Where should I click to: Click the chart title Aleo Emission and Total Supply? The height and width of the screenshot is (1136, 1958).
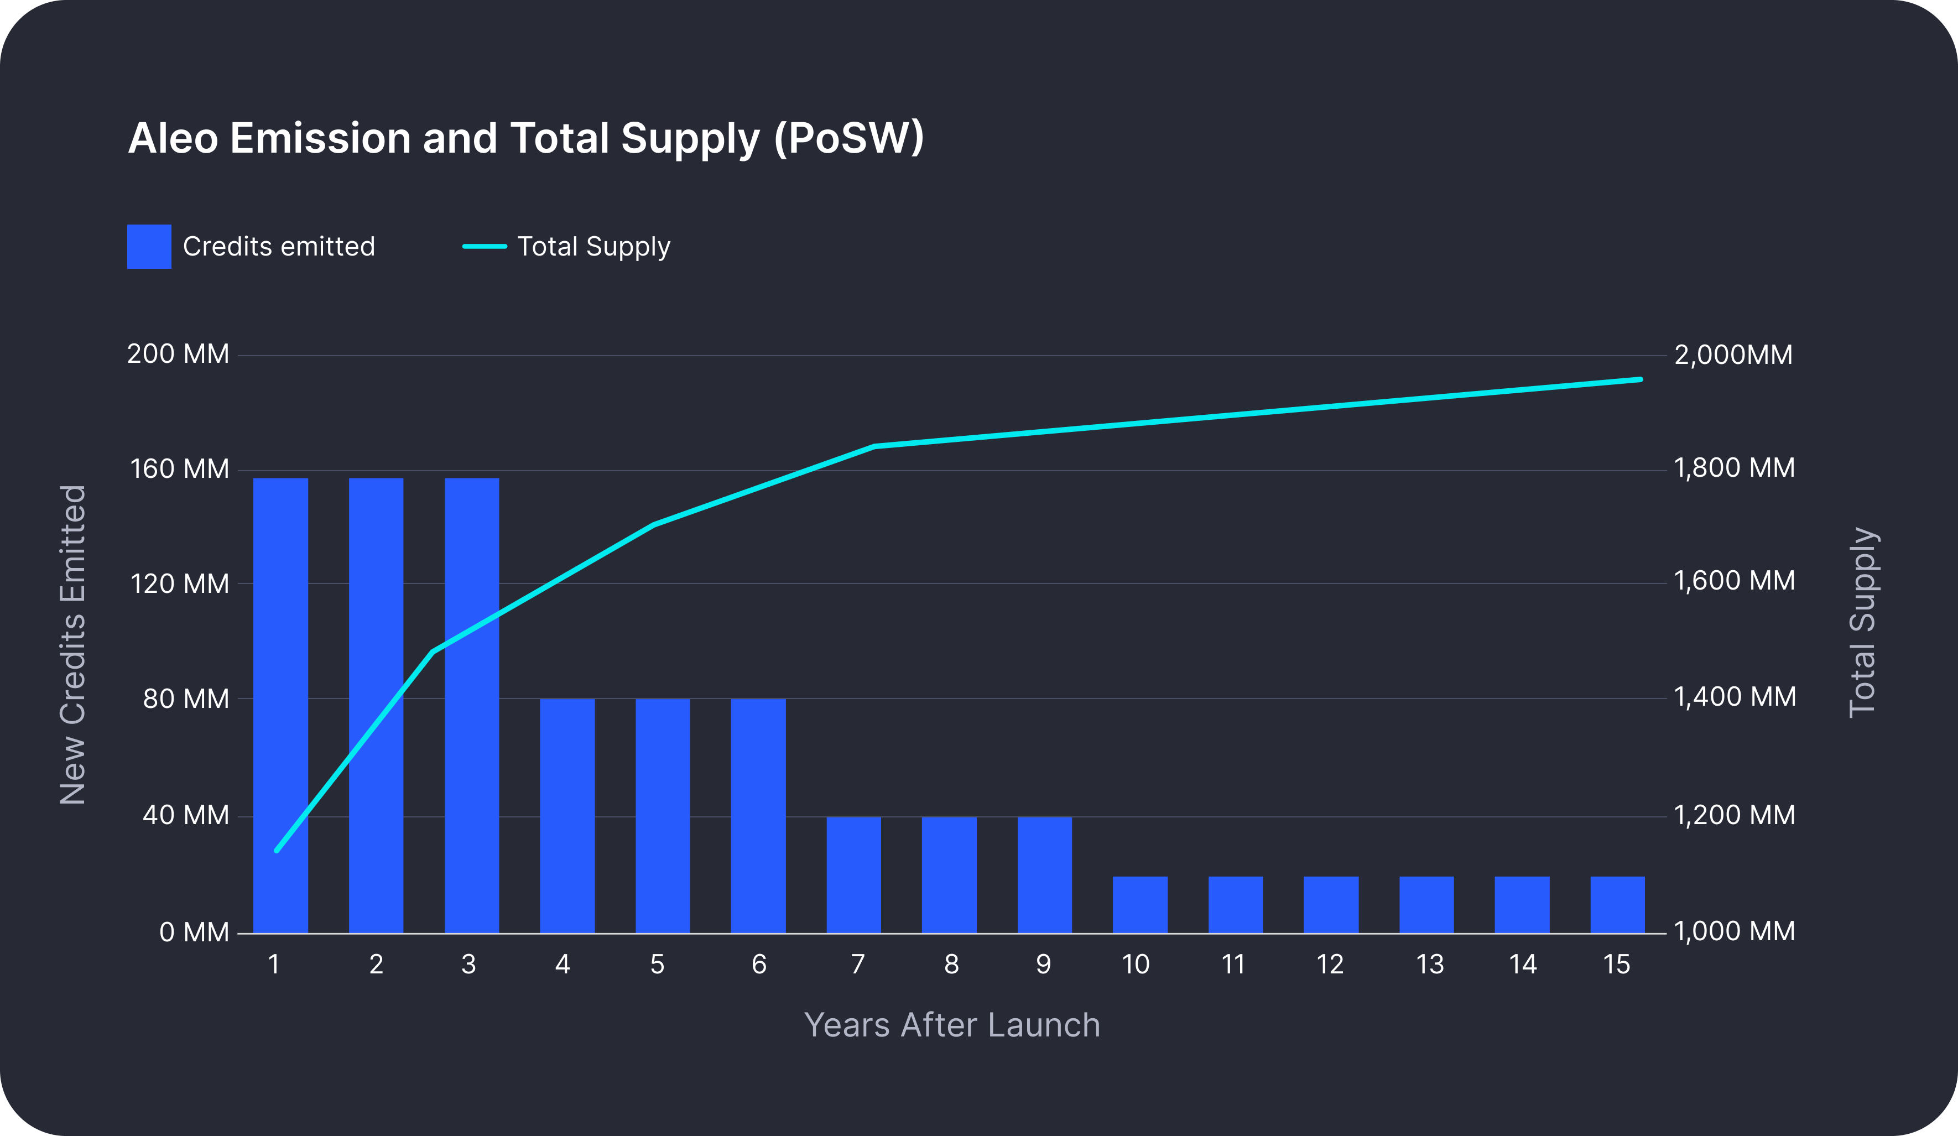525,138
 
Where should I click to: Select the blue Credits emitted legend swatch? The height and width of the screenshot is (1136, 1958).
149,246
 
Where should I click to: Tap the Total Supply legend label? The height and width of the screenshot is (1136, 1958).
593,246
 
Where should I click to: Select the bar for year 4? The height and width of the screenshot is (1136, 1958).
567,815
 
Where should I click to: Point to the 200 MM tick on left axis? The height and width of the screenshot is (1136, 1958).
178,355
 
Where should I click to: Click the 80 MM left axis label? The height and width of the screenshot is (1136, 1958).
186,699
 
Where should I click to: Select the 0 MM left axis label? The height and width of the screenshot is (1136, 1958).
194,932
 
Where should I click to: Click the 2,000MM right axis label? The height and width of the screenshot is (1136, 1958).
1733,355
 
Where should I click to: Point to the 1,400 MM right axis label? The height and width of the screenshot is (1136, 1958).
1734,697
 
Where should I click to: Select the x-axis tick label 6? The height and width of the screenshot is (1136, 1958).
759,965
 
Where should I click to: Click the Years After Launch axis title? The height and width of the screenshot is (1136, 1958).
952,1025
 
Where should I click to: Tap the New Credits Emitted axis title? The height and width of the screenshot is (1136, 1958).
73,644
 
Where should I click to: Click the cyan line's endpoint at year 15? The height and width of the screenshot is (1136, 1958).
1640,379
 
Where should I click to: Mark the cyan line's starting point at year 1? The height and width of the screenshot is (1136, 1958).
277,850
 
